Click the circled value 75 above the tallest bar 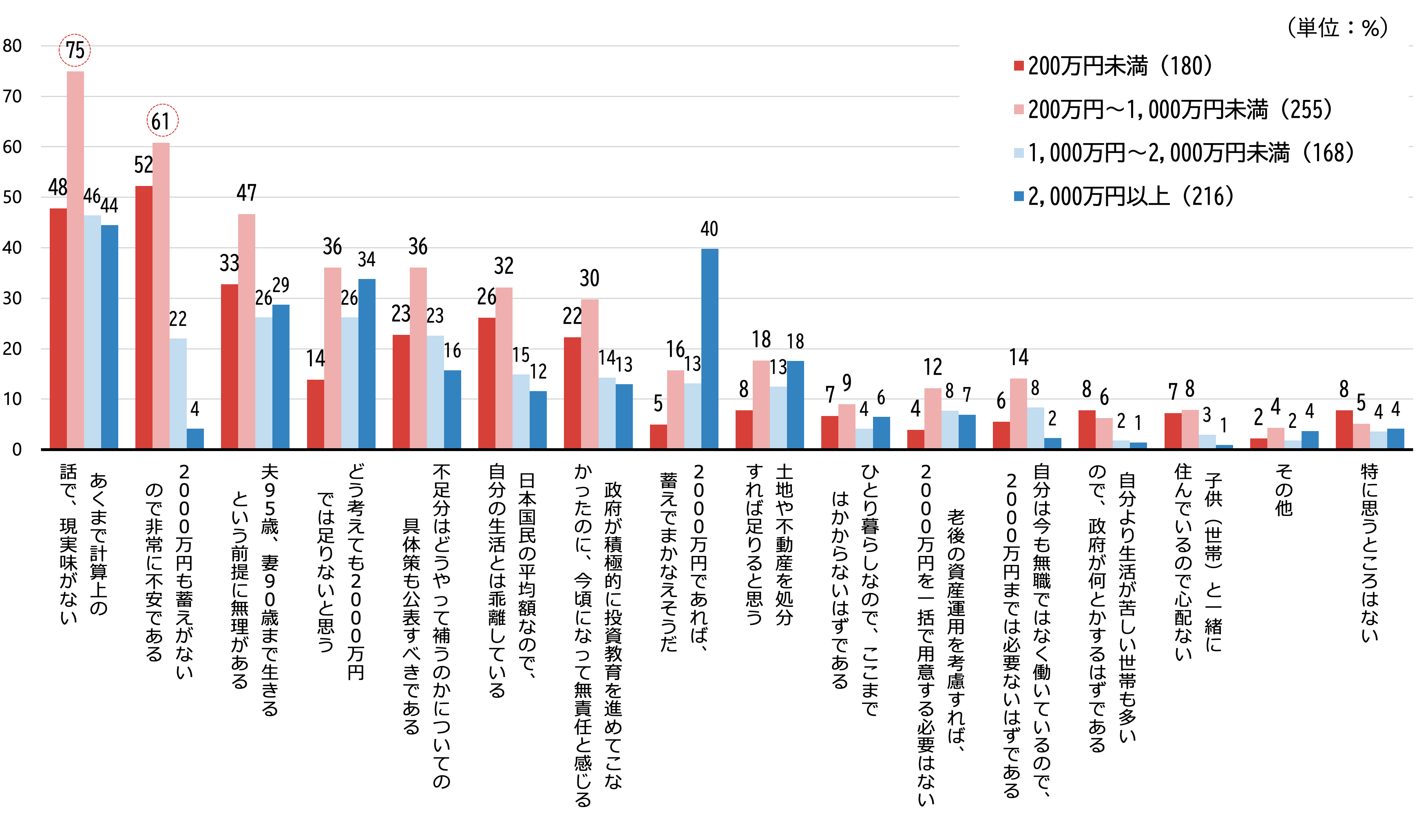(75, 50)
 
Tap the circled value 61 (162, 121)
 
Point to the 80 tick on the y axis (12, 46)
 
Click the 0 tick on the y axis (17, 449)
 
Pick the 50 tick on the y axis (12, 197)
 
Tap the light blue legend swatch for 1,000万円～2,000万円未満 (1019, 153)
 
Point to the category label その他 (1284, 490)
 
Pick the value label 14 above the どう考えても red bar (315, 358)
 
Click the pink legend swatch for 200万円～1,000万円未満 (1019, 109)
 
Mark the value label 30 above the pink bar (590, 278)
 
